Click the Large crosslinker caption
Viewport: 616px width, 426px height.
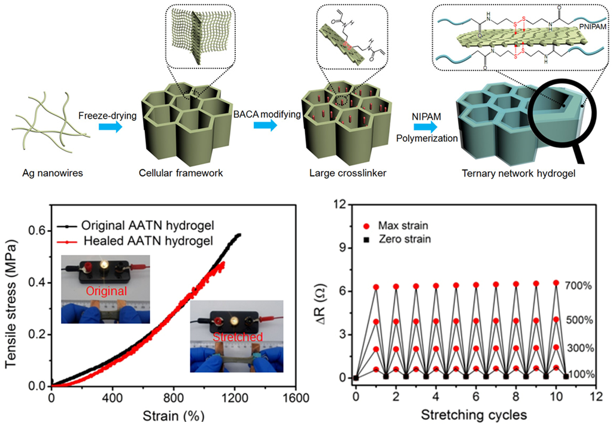[333, 174]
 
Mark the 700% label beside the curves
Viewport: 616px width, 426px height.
[579, 285]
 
